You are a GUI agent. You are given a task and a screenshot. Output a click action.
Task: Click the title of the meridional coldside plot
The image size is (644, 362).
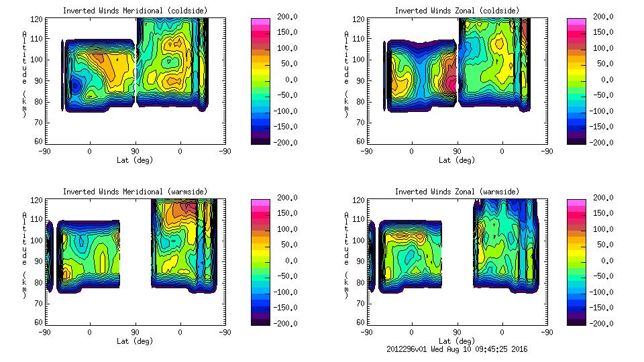point(135,11)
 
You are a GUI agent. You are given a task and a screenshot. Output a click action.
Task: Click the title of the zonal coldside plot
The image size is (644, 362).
point(456,11)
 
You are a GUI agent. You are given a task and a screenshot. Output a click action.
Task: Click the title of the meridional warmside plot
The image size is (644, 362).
point(135,192)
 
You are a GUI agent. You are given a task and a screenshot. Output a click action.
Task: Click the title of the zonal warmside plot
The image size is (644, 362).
point(456,192)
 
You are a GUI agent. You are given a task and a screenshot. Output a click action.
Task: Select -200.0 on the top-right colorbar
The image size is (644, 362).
point(600,143)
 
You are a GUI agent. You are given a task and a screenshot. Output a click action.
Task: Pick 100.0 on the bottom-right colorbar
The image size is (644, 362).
point(600,229)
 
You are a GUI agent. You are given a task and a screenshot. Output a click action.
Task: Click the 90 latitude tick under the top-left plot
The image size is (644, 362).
point(135,152)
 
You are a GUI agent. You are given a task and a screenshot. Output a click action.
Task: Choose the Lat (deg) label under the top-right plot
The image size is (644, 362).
point(457,160)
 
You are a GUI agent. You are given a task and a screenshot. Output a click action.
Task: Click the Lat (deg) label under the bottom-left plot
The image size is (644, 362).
point(135,341)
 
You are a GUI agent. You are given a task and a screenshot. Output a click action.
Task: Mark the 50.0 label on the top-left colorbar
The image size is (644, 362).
point(286,64)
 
